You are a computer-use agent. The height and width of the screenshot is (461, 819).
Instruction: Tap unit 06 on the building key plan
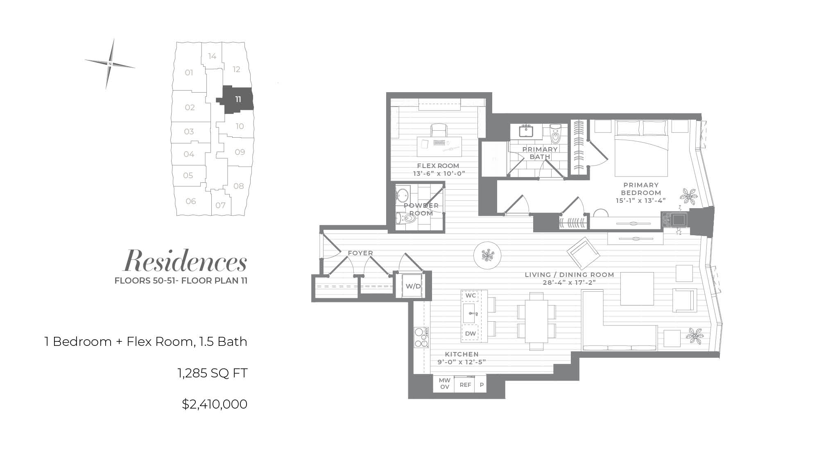coord(191,201)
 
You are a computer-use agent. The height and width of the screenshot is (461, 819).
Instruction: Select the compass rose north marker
coord(110,64)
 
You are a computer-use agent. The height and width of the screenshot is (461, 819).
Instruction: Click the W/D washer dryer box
coord(413,286)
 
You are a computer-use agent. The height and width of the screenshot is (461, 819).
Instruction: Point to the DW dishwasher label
coord(471,334)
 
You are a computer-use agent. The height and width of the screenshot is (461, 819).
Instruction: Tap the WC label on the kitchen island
coord(471,295)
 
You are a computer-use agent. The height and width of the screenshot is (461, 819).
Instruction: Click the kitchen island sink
coord(471,313)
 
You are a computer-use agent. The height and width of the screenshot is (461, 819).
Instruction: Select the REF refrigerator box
coord(465,385)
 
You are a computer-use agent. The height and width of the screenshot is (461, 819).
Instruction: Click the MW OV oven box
coord(444,384)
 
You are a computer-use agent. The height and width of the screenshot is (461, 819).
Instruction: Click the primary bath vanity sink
coord(525,131)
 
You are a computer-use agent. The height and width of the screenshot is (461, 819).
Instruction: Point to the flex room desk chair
coord(439,130)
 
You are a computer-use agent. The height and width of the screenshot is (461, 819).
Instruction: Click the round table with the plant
coord(487,255)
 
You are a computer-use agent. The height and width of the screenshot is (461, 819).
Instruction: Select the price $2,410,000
coord(215,404)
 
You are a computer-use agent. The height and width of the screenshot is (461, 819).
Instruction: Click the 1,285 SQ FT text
coord(213,373)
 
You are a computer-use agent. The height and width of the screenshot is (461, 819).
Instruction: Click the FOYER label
coord(360,253)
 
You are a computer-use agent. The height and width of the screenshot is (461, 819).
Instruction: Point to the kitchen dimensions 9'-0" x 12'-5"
coord(462,362)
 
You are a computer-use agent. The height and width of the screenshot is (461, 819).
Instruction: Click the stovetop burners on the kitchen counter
coord(421,337)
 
